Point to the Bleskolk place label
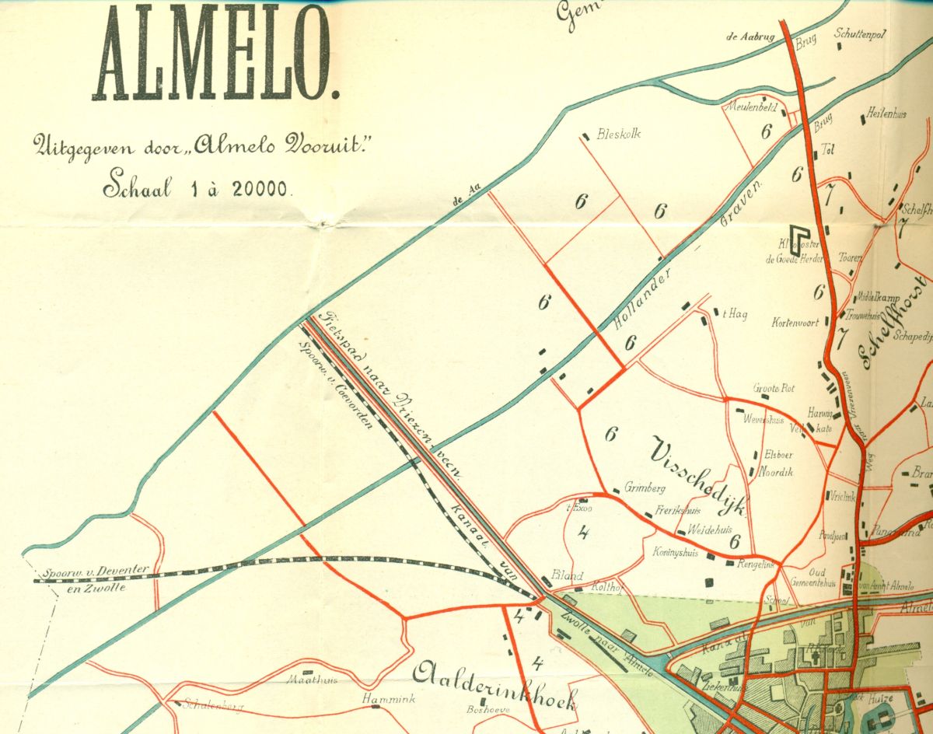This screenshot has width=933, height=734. point(618,133)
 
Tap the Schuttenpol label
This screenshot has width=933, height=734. point(861,34)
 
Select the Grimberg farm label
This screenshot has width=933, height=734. point(645,489)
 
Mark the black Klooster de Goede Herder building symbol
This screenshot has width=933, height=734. point(797,235)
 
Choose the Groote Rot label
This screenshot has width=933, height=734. point(772,388)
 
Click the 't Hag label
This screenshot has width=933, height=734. point(735,314)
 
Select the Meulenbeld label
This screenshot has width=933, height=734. point(751,107)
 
